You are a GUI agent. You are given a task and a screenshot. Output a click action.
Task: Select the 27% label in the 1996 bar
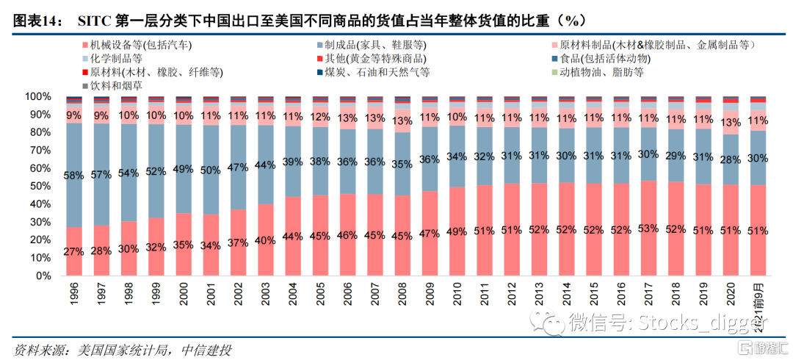tap(73, 251)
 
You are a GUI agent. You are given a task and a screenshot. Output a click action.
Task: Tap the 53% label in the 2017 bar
tap(648, 228)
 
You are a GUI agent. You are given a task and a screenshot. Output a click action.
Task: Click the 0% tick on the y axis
tap(41, 276)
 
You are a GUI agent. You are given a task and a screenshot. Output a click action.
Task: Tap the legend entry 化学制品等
tap(117, 59)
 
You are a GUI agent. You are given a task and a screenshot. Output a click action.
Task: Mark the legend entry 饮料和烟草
tap(117, 85)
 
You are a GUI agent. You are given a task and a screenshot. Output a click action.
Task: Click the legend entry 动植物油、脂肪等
tap(602, 72)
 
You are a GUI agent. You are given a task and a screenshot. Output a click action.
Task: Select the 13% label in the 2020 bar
tap(731, 123)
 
